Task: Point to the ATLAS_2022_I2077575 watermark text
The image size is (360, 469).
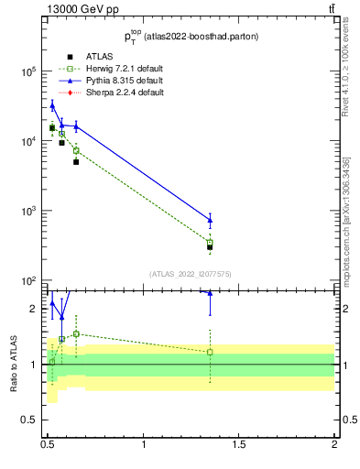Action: [190, 273]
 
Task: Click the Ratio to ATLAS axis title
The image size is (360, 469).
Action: [14, 363]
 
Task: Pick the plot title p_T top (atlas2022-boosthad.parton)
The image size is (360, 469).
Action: [190, 36]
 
